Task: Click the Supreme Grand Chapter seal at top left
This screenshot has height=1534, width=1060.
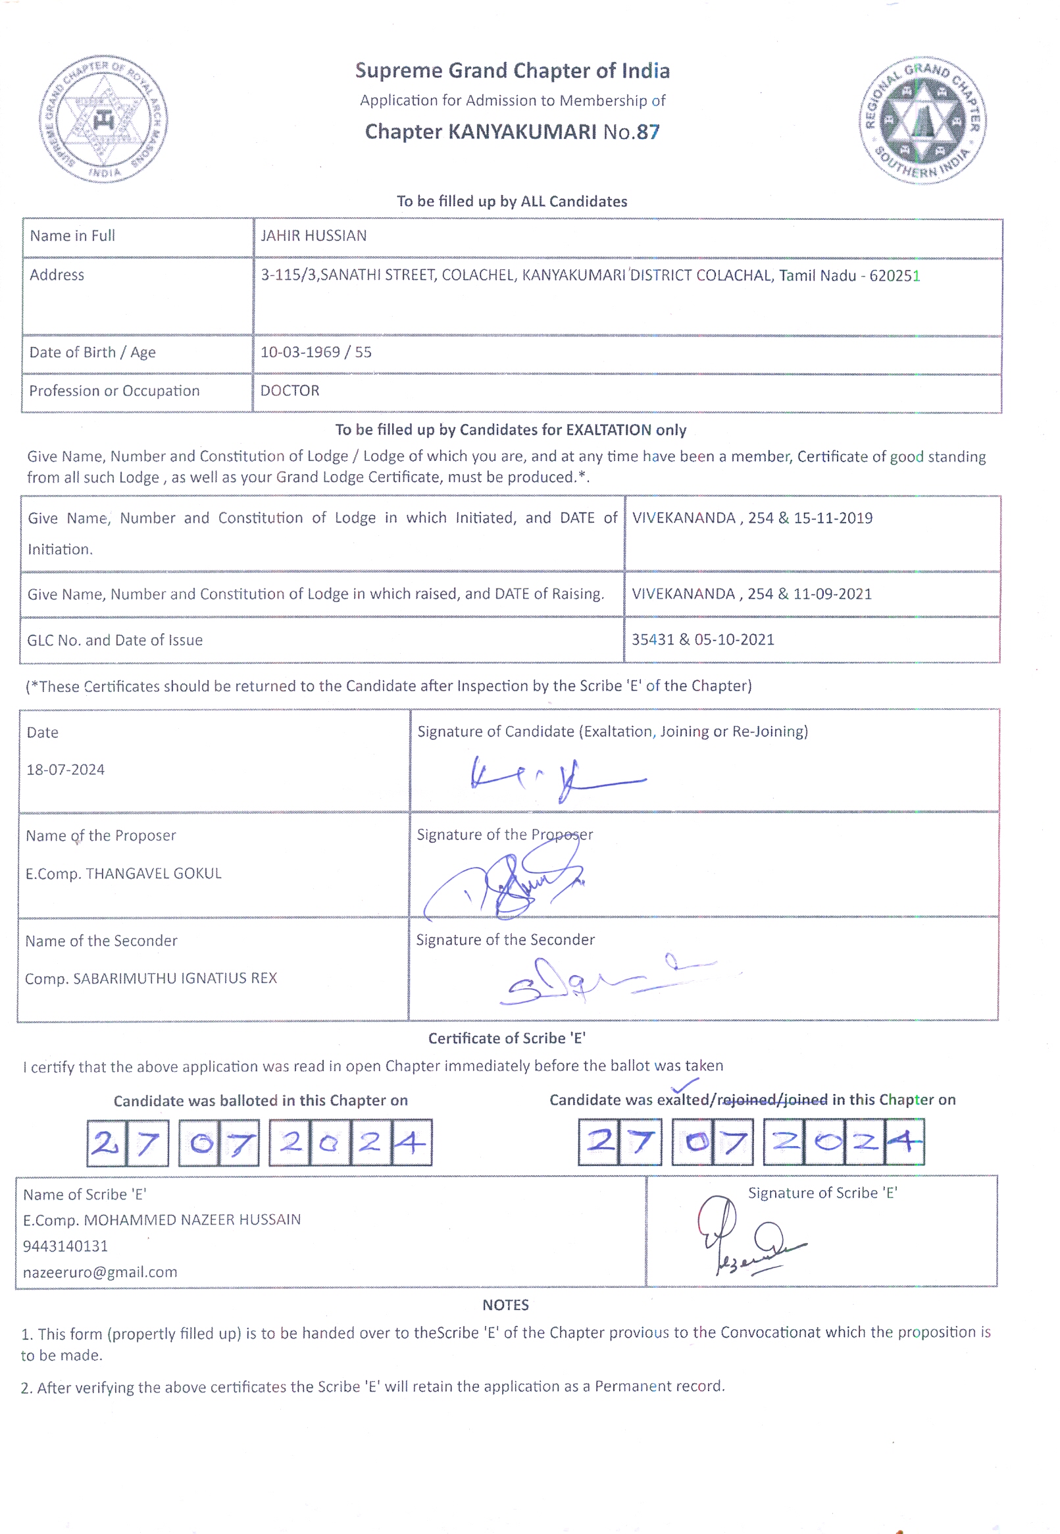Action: pos(103,120)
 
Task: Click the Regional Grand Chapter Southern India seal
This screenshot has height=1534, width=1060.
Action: pos(922,120)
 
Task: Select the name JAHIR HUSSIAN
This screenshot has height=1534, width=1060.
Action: pos(313,236)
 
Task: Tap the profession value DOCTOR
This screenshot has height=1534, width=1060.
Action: pos(290,390)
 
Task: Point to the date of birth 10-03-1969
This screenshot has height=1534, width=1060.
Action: pos(299,352)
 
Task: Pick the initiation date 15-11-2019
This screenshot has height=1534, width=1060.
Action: pos(833,518)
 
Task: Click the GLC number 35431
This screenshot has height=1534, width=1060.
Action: pos(652,640)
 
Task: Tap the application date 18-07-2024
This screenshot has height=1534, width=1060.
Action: pos(66,770)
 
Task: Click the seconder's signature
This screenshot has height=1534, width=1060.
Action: pos(597,976)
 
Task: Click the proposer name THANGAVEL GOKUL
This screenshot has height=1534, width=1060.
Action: pos(153,874)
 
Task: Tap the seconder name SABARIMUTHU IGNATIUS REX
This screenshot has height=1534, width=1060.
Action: pos(174,978)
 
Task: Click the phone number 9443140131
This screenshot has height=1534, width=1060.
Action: pos(65,1246)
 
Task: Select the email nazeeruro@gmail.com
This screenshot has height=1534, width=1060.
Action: pos(100,1272)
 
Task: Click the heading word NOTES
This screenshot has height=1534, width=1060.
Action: pos(505,1305)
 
